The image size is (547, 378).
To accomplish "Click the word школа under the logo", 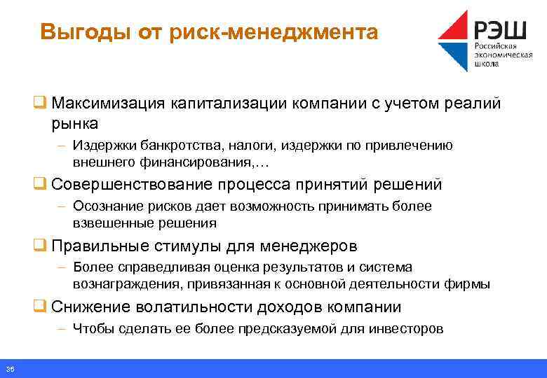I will coord(487,63).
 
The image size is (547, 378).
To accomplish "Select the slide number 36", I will coord(10,369).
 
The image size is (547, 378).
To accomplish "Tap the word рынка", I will coord(74,123).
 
